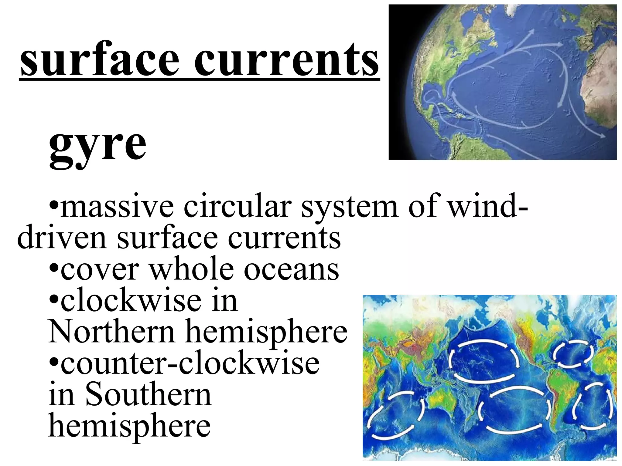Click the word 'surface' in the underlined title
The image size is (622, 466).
[100, 59]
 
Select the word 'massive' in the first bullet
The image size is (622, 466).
[117, 206]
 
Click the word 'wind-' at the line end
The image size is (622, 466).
[488, 206]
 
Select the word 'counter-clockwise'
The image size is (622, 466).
[190, 363]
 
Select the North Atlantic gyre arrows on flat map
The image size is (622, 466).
[572, 353]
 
